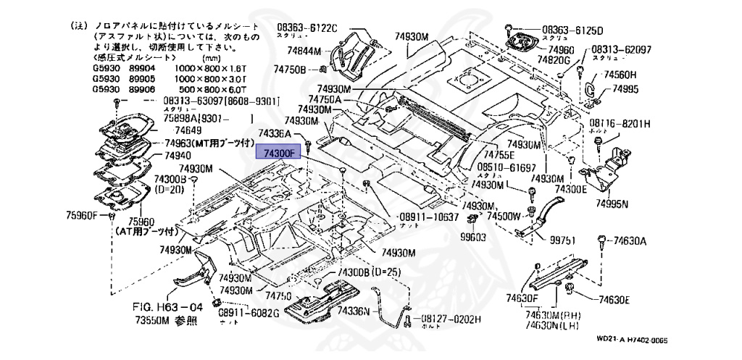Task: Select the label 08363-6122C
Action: pyautogui.click(x=307, y=28)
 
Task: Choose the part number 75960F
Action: pyautogui.click(x=82, y=214)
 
